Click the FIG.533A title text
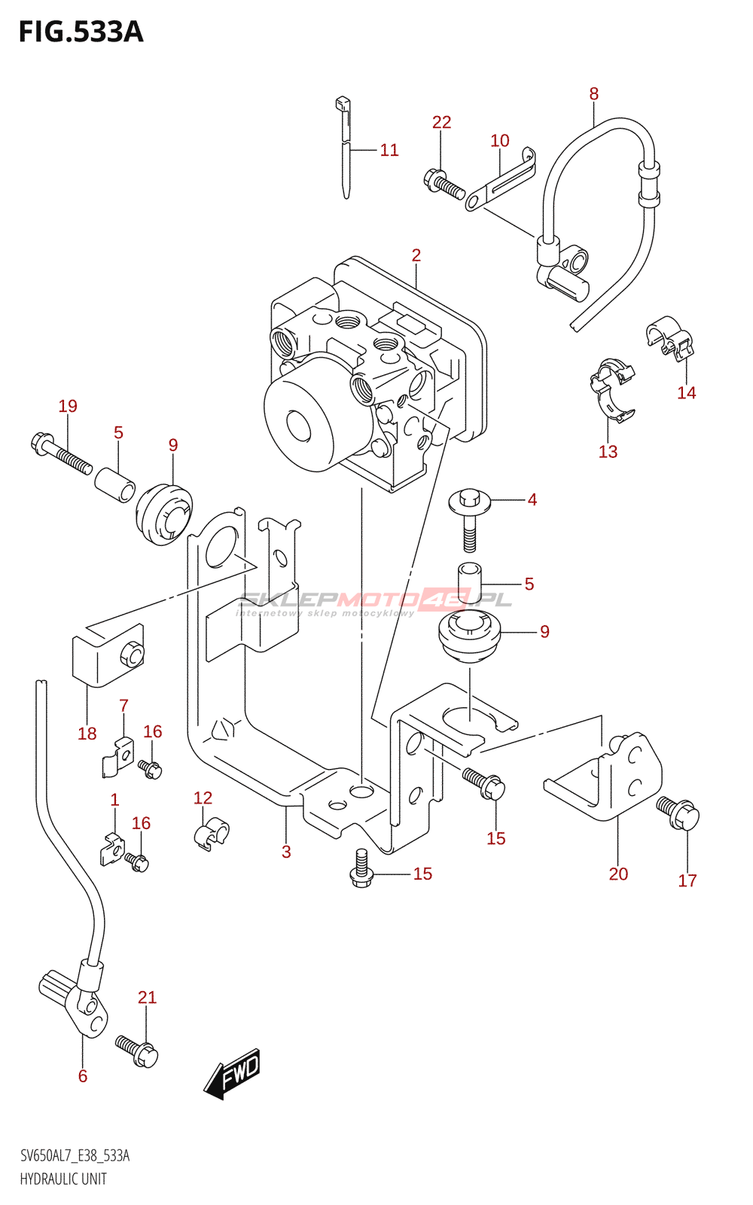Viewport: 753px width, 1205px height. click(81, 32)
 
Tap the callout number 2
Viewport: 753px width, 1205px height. click(416, 255)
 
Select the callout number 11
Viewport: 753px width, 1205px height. click(389, 150)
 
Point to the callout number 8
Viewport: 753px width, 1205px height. click(594, 94)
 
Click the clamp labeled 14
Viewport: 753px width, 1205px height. click(669, 336)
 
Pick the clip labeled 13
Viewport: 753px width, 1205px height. click(612, 389)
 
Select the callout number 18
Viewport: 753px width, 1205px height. click(87, 734)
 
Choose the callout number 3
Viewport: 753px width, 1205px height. click(286, 852)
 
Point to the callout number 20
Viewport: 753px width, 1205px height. click(618, 874)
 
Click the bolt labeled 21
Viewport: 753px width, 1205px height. click(138, 1051)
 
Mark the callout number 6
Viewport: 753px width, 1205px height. click(83, 1076)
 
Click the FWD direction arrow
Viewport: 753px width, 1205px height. click(233, 1072)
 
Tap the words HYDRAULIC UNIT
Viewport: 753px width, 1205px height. click(63, 1179)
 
